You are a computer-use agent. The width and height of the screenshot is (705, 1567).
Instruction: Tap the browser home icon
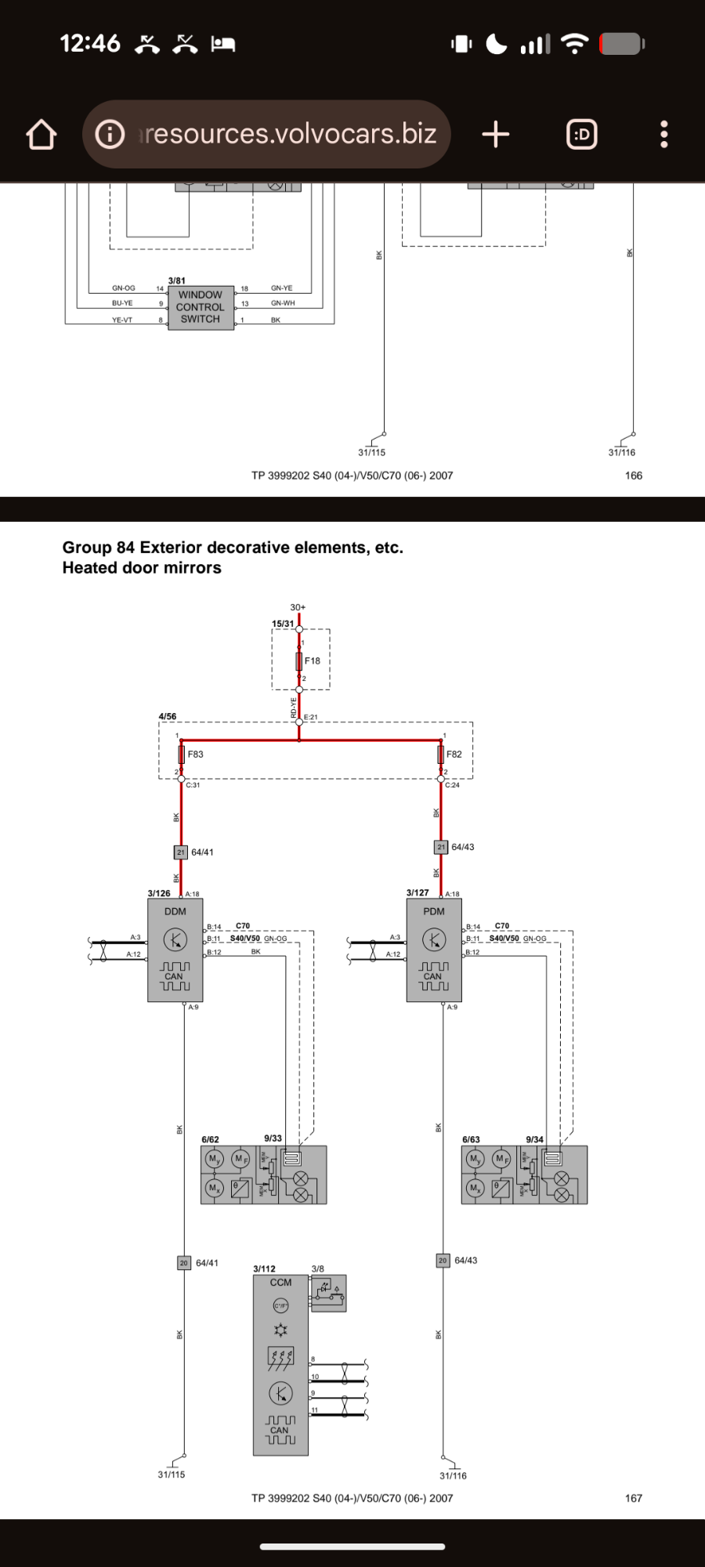(x=42, y=135)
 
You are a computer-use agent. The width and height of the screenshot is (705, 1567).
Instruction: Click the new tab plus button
(x=495, y=135)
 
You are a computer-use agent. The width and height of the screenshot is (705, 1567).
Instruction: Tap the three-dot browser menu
(x=663, y=135)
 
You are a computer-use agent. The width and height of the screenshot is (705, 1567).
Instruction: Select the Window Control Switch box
(x=201, y=307)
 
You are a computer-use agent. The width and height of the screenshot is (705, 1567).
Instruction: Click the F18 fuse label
(x=312, y=661)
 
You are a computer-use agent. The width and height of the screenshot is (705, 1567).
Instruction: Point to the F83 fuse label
(x=195, y=755)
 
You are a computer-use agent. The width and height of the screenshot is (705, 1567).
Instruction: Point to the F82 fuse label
(x=454, y=755)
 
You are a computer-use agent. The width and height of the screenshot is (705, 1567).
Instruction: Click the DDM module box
(x=175, y=950)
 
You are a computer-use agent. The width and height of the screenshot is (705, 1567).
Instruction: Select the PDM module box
(x=434, y=950)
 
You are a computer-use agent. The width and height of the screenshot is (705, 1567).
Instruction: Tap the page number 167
(x=633, y=1498)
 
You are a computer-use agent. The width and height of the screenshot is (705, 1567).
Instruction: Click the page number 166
(x=633, y=476)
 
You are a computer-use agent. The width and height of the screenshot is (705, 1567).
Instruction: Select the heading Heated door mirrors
(x=142, y=568)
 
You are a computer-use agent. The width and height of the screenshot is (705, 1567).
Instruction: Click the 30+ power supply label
(x=298, y=607)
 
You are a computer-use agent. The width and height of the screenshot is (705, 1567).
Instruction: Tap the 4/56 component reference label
(x=168, y=716)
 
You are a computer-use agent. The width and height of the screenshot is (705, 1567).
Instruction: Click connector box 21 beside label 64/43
(x=441, y=847)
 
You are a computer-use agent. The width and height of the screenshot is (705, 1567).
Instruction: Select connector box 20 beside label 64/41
(x=184, y=1263)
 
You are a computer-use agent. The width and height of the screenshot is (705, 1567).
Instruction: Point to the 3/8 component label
(x=317, y=1268)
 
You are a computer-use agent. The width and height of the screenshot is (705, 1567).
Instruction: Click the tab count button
(x=581, y=135)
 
